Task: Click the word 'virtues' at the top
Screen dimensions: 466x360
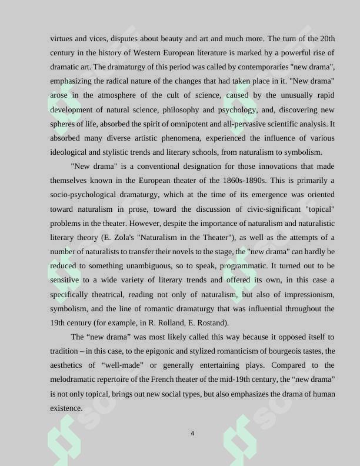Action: [x=62, y=39]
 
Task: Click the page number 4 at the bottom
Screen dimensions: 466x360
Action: [x=192, y=434]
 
